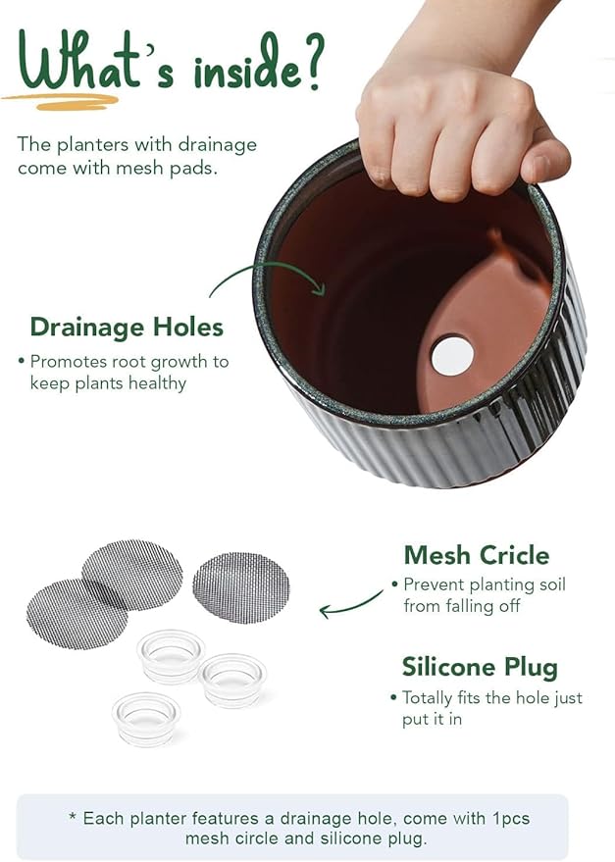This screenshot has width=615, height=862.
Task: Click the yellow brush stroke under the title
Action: pos(60,100)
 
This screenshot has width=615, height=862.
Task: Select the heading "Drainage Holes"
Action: pos(127,327)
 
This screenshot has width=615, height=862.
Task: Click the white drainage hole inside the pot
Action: pos(451,354)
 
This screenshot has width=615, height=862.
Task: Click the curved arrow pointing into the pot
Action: pos(265,276)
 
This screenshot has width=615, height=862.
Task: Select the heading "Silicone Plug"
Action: pos(480,668)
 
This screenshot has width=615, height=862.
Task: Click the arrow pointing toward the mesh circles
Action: pos(350,605)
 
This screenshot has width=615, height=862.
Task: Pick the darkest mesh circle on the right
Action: pos(240,587)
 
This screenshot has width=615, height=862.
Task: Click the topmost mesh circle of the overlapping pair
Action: pos(132,573)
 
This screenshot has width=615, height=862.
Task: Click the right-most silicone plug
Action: pos(233,679)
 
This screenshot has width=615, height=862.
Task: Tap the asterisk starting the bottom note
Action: pos(73,817)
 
